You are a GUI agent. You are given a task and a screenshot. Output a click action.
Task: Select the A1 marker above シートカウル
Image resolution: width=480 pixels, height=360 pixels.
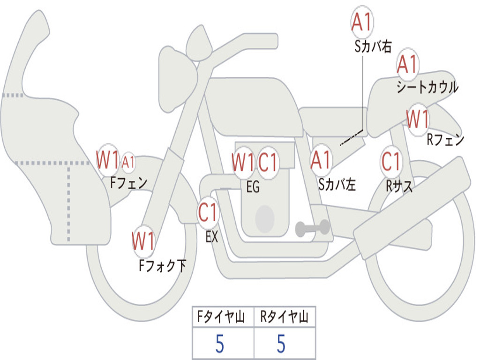coord(407,65)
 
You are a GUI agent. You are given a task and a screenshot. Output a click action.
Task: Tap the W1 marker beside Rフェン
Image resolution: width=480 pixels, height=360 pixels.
coord(417,120)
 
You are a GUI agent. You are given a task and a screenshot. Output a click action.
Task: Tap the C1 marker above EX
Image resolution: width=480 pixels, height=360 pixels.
coord(208,213)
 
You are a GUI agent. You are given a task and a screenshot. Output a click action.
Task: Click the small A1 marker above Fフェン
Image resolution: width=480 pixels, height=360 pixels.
coord(128,163)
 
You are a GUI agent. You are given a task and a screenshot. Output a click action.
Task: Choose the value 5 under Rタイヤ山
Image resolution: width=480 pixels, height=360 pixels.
coord(281,344)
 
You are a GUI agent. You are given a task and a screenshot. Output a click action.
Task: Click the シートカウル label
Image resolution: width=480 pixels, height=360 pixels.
coord(427,88)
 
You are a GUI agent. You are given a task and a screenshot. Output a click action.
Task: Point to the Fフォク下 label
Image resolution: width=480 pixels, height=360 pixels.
coord(162,266)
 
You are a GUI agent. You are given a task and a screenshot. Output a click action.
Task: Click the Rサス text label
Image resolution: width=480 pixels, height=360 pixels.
coord(399,187)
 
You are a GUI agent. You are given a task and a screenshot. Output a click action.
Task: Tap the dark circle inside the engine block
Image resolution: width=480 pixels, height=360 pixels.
coord(265,218)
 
